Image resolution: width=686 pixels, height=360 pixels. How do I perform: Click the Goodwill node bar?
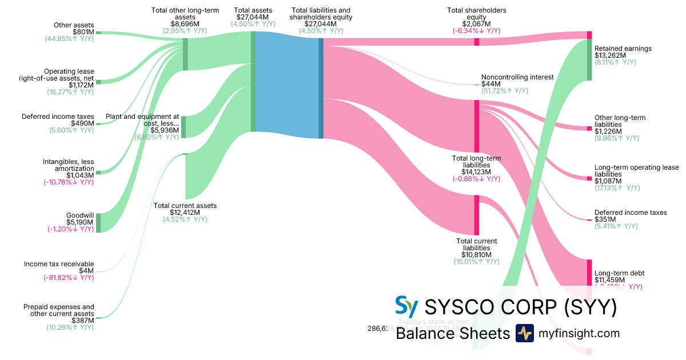[x=98, y=223]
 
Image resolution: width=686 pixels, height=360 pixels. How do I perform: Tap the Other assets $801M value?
[x=82, y=32]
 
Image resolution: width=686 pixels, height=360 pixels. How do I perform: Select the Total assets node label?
[x=253, y=10]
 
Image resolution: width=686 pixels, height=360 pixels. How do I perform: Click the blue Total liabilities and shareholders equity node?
[x=321, y=88]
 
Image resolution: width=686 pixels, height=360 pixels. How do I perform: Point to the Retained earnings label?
[x=623, y=49]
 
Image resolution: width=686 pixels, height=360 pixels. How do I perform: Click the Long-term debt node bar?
[x=589, y=273]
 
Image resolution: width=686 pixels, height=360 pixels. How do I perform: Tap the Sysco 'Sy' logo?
[x=406, y=307]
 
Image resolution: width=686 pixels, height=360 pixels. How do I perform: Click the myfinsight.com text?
[x=579, y=333]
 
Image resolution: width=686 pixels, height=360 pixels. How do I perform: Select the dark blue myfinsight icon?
[x=524, y=333]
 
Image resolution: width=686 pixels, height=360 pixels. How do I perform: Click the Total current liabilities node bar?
[x=476, y=215]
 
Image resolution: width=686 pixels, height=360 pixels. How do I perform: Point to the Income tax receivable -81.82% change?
[x=69, y=278]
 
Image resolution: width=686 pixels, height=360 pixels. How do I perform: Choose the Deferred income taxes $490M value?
[x=82, y=123]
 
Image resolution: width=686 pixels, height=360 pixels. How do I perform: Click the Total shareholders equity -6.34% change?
[x=477, y=31]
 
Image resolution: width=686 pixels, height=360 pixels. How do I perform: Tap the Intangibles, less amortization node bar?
[x=98, y=172]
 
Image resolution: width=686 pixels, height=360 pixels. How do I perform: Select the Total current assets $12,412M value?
[x=185, y=213]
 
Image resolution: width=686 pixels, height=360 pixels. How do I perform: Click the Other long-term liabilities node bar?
[x=589, y=129]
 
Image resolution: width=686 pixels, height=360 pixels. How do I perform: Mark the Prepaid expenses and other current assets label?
[x=59, y=310]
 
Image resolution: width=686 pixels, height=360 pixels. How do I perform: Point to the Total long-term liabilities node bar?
[x=476, y=126]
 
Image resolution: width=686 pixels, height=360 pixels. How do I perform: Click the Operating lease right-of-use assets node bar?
[x=98, y=82]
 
